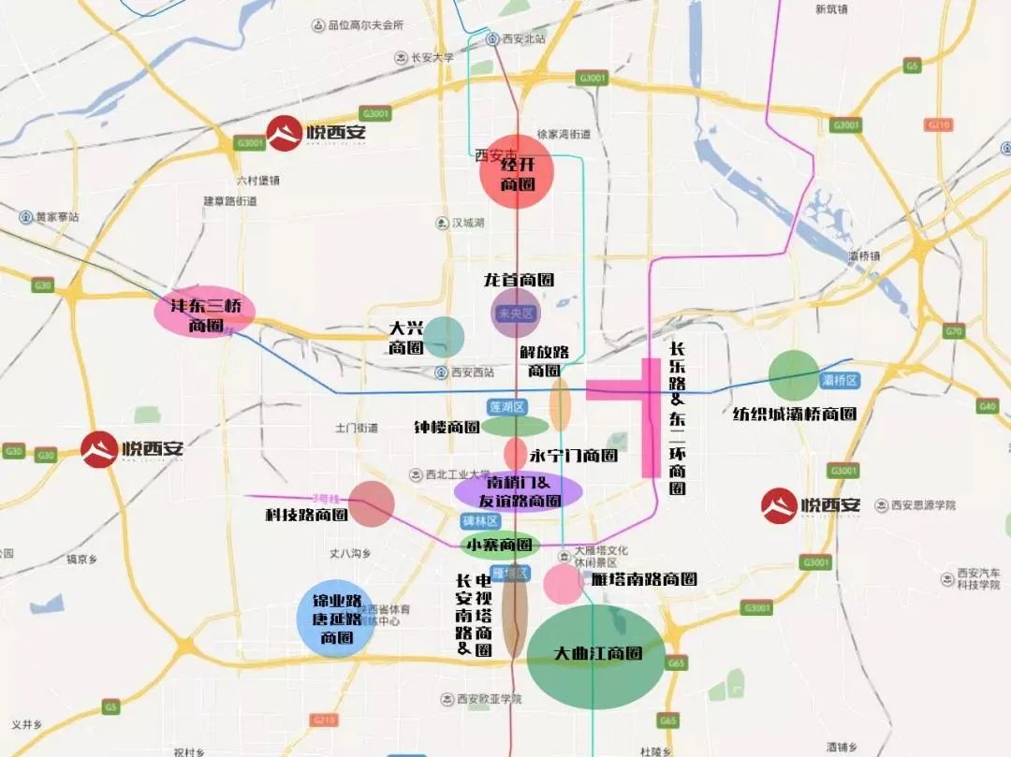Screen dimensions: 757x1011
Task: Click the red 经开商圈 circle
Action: pos(517,172)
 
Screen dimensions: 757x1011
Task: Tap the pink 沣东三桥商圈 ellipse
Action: pos(204,312)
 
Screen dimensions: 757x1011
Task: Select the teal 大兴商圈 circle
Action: pos(444,337)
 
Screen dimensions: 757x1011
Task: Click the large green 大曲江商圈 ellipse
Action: pos(596,656)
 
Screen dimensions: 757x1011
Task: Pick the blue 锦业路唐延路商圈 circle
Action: pos(334,618)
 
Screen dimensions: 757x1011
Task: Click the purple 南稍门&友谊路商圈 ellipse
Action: pos(519,490)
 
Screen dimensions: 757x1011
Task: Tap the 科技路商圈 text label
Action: pos(307,515)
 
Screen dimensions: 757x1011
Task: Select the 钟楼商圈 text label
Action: pos(447,427)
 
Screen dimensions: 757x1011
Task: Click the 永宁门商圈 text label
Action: pos(573,456)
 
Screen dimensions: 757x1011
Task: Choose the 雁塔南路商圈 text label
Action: pos(644,579)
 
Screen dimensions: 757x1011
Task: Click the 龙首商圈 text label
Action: pos(518,279)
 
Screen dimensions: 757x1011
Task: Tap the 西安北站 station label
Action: pos(522,38)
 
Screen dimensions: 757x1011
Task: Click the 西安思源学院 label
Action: pos(922,505)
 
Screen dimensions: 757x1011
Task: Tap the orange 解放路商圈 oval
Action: pos(560,405)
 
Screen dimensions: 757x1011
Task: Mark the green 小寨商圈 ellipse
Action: pos(499,545)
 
